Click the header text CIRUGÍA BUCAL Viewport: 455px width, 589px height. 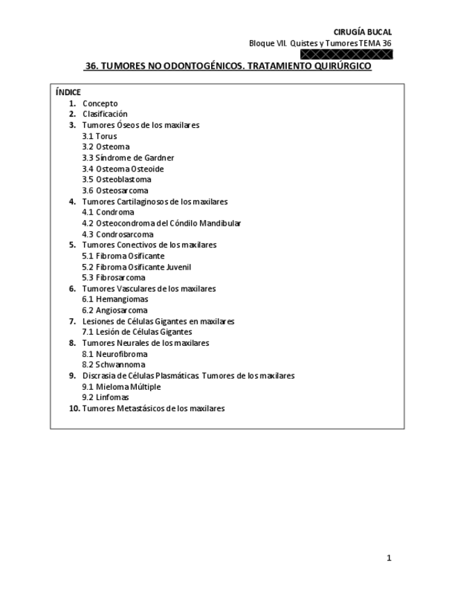363,32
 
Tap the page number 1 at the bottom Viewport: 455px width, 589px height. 389,558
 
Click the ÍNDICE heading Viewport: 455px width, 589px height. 67,92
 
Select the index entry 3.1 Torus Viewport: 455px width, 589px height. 99,136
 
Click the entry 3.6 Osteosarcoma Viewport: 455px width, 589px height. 115,190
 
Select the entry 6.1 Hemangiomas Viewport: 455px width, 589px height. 115,299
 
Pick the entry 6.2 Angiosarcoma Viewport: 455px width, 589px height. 115,310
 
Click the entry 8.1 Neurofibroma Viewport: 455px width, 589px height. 115,354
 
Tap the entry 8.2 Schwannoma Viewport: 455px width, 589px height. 113,365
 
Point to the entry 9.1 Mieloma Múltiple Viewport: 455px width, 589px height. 121,386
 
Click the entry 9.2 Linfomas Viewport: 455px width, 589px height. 106,397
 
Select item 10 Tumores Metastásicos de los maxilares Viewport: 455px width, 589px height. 147,408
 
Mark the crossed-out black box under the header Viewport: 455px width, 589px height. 346,54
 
